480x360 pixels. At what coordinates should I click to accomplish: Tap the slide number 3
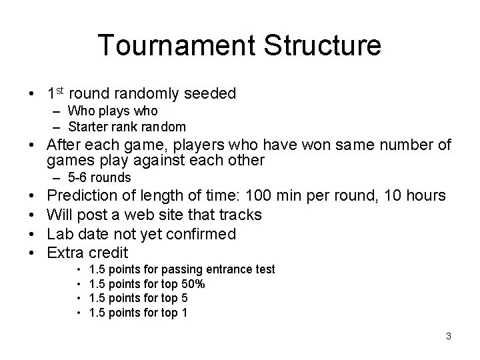tap(449, 336)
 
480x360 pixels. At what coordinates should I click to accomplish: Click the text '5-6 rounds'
tap(99, 178)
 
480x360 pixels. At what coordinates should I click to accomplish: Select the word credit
tap(109, 253)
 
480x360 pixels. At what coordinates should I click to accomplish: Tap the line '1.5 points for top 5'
tap(138, 298)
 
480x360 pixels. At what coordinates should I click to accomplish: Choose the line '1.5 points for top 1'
tap(138, 312)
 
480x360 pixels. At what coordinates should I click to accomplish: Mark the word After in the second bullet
tap(67, 145)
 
